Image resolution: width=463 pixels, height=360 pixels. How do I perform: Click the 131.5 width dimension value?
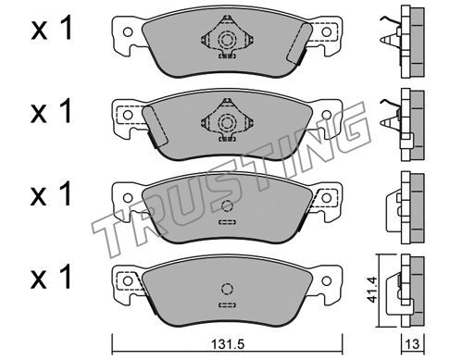[228, 344]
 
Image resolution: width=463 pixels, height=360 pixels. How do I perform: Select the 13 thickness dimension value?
[413, 344]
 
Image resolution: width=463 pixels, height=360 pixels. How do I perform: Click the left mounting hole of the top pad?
[128, 32]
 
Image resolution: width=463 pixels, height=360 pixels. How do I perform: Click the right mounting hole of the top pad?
[326, 32]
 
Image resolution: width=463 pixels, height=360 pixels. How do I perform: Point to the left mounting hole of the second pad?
[128, 115]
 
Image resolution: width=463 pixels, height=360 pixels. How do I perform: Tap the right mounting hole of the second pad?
[326, 115]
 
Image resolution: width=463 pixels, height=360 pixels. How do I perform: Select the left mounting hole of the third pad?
[128, 197]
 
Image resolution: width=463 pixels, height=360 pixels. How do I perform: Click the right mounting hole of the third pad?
[326, 197]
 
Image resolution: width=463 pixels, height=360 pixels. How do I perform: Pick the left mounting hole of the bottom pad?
[128, 280]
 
